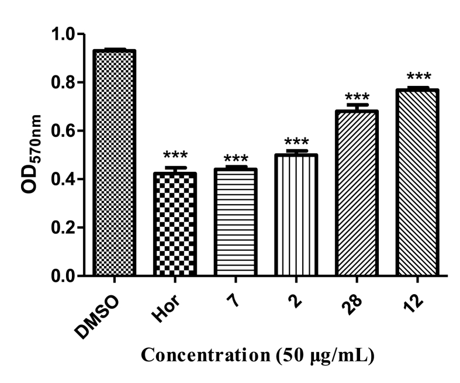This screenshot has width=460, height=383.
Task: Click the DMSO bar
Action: tap(114, 163)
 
